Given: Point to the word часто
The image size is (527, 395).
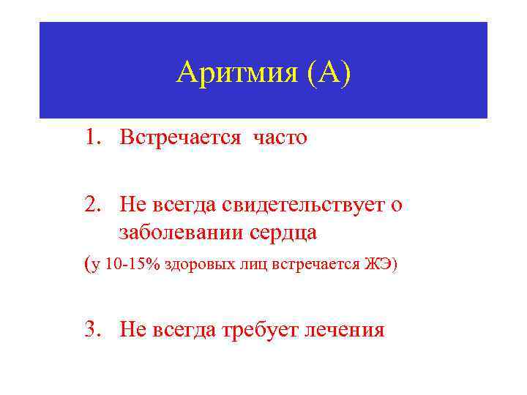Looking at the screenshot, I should [x=280, y=138].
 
